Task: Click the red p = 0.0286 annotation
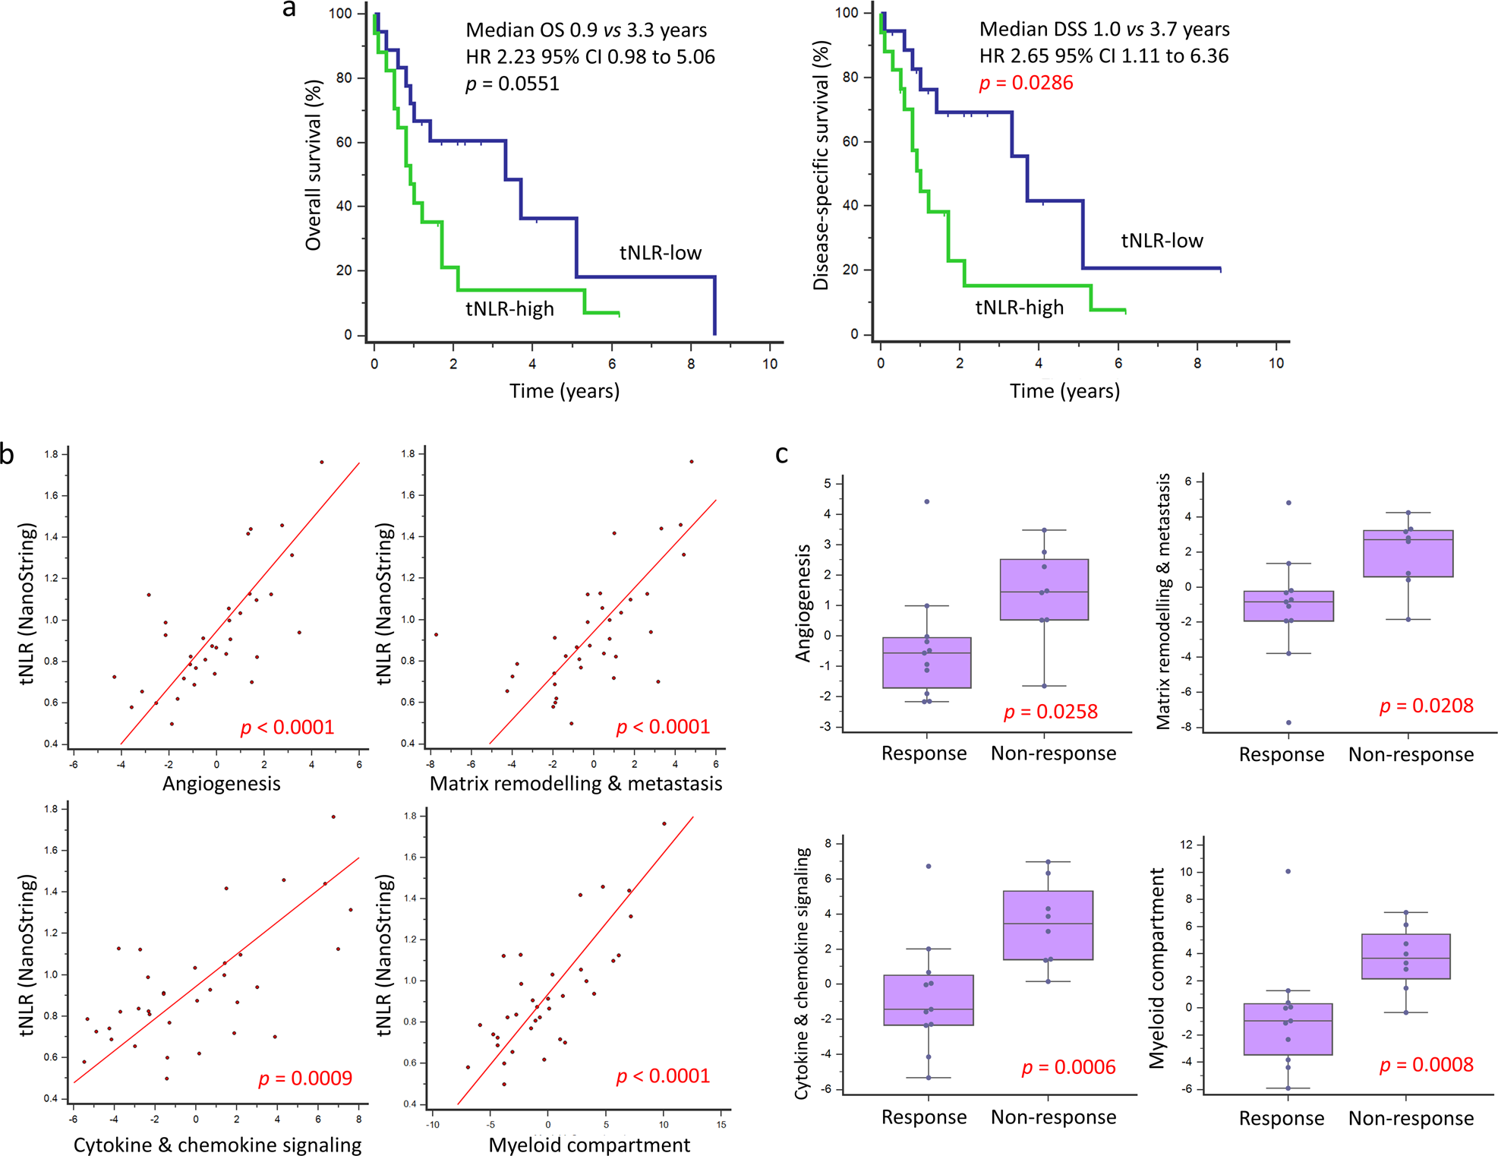click(1026, 83)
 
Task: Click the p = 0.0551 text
click(512, 84)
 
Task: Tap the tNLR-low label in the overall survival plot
click(660, 253)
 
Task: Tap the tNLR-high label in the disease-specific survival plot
click(1019, 308)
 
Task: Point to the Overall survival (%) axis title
click(314, 165)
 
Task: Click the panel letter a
click(289, 10)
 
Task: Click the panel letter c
click(781, 454)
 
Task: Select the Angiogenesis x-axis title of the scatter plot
click(221, 784)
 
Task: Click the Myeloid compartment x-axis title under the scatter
click(589, 1145)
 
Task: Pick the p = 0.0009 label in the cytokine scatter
click(305, 1079)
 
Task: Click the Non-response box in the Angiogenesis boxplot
click(1044, 589)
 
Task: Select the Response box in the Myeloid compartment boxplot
click(1288, 1028)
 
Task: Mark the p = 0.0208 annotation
click(1426, 706)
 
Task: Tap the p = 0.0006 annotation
click(1068, 1068)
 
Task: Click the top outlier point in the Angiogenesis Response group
click(927, 501)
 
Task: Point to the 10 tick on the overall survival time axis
click(770, 364)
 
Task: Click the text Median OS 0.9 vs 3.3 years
click(586, 30)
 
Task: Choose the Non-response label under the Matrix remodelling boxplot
click(1411, 754)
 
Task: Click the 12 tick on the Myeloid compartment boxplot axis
click(1187, 845)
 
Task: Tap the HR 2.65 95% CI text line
click(1103, 56)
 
